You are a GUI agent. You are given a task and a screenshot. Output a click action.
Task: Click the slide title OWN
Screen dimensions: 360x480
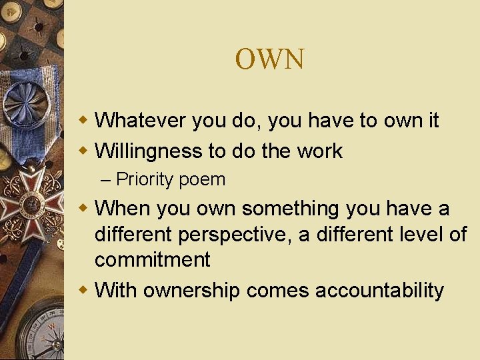[x=269, y=59]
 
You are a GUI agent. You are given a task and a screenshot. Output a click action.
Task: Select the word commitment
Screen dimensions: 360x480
[x=152, y=259]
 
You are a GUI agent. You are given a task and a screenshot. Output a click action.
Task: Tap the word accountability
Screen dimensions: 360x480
[x=379, y=291]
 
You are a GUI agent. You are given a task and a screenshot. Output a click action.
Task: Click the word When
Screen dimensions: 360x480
[x=123, y=209]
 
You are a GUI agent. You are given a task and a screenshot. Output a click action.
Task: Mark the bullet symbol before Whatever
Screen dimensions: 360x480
[x=83, y=121]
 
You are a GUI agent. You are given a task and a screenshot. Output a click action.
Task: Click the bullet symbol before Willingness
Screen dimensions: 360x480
[x=83, y=151]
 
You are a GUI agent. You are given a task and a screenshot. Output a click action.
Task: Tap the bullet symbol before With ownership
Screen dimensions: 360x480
[x=83, y=291]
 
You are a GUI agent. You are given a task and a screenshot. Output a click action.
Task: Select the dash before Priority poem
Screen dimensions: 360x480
[x=107, y=180]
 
